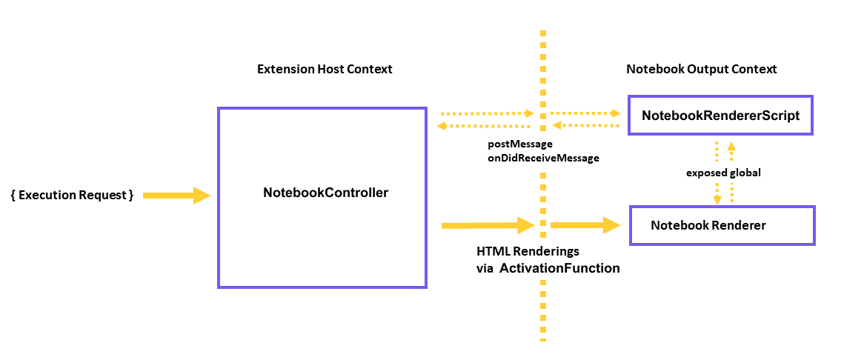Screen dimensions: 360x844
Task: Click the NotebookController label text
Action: click(325, 193)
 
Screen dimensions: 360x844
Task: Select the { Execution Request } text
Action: click(73, 195)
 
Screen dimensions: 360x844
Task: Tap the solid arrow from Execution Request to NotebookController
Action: click(176, 196)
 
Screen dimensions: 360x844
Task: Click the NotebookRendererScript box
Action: click(720, 116)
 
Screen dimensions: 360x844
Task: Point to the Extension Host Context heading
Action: click(325, 69)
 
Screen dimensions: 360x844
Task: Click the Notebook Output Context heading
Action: click(701, 69)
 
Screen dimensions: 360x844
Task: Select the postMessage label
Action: click(519, 143)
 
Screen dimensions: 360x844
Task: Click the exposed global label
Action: click(723, 172)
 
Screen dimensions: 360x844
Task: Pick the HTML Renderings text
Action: click(528, 252)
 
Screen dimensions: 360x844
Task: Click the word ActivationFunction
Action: click(559, 268)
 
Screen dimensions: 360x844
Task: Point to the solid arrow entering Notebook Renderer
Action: click(585, 225)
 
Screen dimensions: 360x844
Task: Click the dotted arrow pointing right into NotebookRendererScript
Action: click(585, 114)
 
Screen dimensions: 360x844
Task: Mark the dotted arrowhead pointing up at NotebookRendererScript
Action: click(731, 146)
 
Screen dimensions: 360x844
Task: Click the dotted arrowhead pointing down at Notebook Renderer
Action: click(717, 199)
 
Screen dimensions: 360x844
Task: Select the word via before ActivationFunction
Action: click(485, 269)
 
